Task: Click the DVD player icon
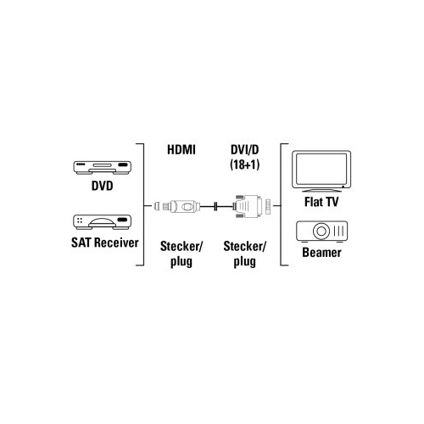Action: (103, 168)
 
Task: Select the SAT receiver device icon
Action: (103, 222)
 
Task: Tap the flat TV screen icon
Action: (321, 171)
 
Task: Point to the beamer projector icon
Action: (322, 232)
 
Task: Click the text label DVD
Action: (103, 186)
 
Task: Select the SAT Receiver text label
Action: (105, 243)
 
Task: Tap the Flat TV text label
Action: (321, 202)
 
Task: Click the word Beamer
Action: (321, 253)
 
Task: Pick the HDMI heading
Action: (181, 150)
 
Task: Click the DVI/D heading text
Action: (245, 150)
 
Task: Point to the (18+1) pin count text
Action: (245, 165)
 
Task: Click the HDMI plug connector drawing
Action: (177, 206)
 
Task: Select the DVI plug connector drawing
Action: (248, 206)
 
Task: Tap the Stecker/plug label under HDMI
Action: (181, 254)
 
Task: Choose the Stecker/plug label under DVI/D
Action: (245, 254)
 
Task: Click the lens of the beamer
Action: (321, 231)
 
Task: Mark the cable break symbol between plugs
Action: (216, 206)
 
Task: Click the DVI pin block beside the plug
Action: (268, 206)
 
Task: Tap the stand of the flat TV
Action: (321, 190)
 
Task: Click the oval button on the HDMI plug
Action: (187, 206)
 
